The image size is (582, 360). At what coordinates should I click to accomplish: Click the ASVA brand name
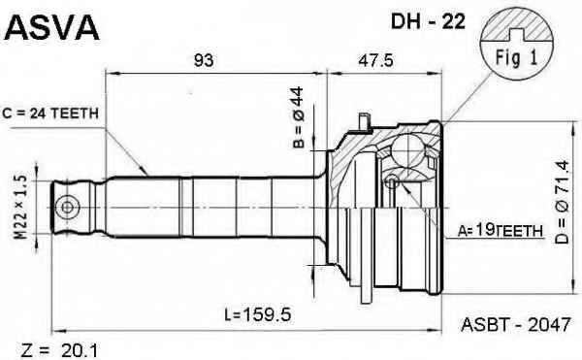tap(51, 27)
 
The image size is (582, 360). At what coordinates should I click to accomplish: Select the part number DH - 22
tap(428, 22)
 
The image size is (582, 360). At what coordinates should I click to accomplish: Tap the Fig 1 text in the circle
tap(516, 58)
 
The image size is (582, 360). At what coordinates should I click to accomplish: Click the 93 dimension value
tap(204, 60)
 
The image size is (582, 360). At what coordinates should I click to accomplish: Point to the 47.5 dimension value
tap(375, 60)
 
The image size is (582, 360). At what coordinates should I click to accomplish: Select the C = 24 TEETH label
tap(50, 114)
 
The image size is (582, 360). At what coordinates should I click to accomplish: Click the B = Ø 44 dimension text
tap(298, 117)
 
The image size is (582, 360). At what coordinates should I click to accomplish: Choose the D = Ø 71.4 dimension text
tap(562, 202)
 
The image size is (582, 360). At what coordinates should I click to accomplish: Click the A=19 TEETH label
tap(500, 231)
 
